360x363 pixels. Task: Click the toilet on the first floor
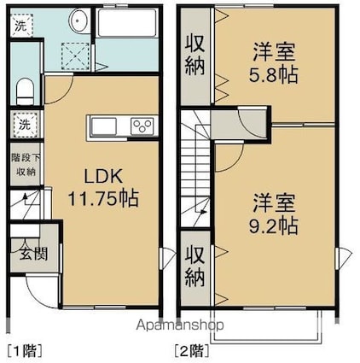25,91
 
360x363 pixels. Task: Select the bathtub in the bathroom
126,23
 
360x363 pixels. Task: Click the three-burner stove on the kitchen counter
142,126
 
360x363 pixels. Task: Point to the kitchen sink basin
104,126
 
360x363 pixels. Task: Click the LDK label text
103,176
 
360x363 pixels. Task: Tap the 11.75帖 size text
103,198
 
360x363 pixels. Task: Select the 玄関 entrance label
33,254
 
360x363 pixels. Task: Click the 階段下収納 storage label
26,165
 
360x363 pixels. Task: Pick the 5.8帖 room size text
273,75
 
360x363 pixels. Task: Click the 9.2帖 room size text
273,225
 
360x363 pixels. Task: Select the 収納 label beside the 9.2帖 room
195,266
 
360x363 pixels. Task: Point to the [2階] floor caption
192,350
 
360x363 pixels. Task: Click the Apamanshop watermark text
180,325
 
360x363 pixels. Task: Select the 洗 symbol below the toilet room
25,125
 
